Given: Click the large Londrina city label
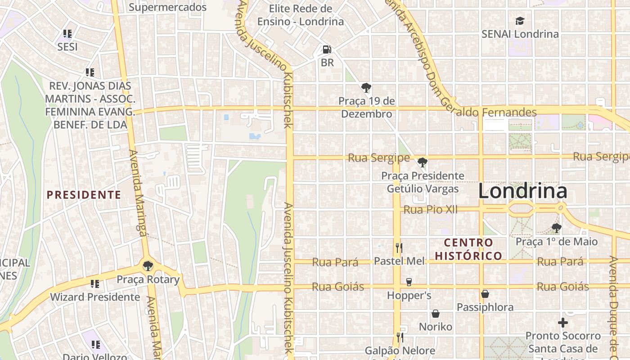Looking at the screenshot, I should [522, 191].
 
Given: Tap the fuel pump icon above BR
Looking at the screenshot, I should [327, 49].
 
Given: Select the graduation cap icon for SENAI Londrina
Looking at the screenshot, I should [520, 21].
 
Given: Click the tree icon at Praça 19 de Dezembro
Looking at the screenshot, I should [366, 87].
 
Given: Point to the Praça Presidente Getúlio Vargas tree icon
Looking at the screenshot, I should [422, 162].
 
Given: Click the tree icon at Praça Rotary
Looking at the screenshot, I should [147, 265].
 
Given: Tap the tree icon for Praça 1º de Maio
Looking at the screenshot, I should [557, 228].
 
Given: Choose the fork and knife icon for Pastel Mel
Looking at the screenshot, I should [399, 247].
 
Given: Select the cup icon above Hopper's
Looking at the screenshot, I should [409, 282].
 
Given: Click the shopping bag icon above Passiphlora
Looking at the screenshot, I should [485, 294].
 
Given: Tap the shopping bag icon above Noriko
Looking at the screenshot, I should [436, 314].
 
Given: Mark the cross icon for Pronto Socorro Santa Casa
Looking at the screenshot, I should [563, 323].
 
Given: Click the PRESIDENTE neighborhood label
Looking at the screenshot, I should [84, 195].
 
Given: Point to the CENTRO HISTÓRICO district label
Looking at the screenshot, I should [468, 249].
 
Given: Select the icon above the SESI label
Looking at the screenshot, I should [67, 34].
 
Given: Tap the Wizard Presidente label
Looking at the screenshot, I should [95, 297].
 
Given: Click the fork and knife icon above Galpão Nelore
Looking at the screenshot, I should [399, 337].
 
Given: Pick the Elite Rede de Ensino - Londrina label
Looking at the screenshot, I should [301, 15].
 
